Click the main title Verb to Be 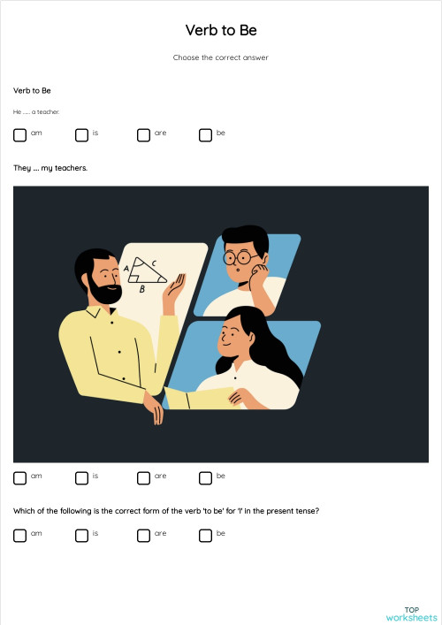221,30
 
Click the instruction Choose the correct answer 221,57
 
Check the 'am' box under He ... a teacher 20,135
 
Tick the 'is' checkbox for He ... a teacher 81,135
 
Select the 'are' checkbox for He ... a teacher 143,135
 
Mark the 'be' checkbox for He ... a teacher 205,135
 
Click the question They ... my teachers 50,167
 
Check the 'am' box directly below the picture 20,478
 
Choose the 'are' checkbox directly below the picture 143,478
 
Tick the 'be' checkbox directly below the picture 205,478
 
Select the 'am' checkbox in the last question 20,535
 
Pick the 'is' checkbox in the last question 81,535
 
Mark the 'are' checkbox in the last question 143,535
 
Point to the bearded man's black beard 104,291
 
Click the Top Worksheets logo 411,614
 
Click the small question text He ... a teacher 36,112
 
